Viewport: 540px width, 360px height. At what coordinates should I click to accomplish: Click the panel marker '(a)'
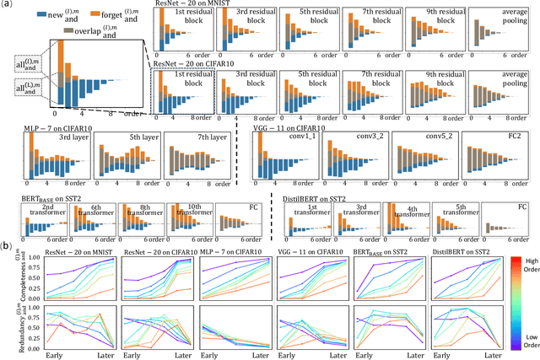click(7, 7)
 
